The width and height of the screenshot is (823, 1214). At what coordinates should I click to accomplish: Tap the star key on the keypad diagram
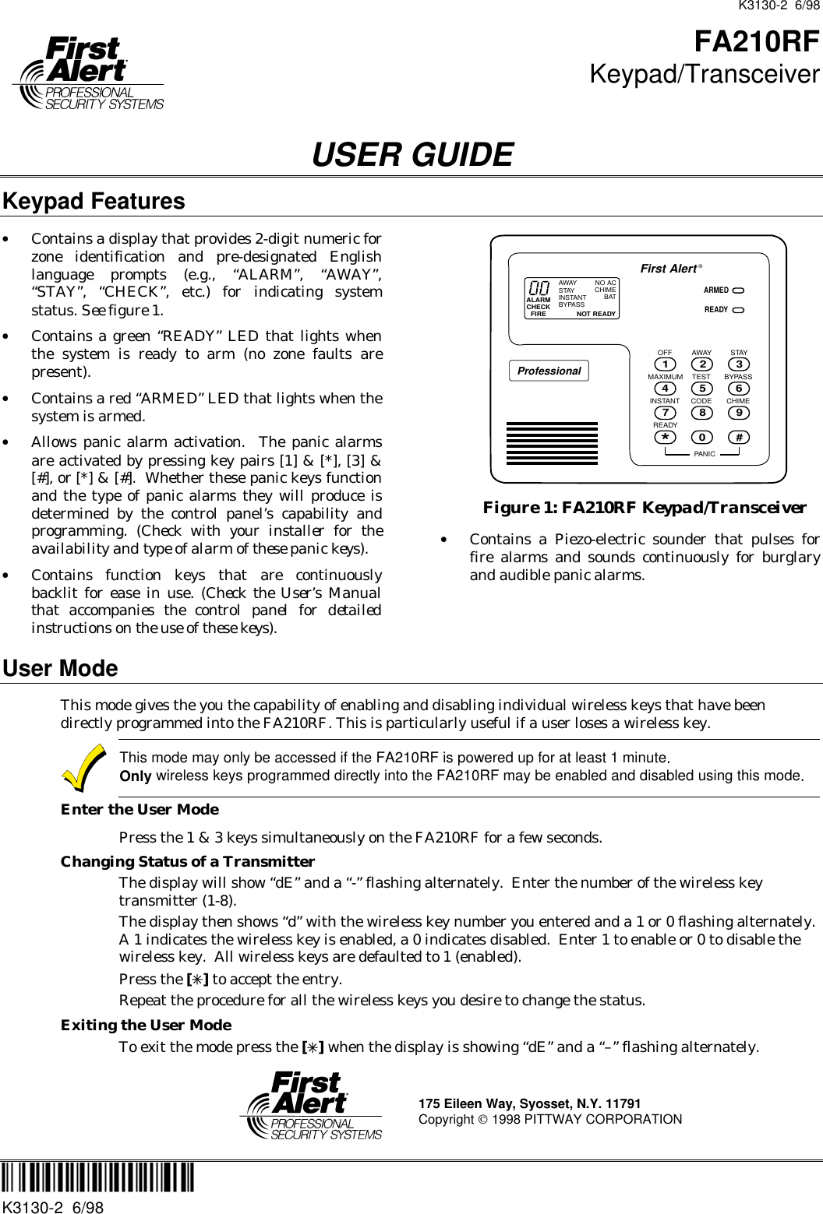pos(665,437)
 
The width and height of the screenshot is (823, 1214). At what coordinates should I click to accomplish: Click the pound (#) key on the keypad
pos(738,437)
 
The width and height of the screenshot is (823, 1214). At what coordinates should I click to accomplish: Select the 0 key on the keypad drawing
pos(701,437)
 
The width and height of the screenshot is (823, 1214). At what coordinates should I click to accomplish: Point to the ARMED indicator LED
pos(738,290)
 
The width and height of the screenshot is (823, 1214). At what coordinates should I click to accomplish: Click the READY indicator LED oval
pos(738,309)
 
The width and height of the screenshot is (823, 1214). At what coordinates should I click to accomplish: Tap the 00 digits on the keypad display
pos(539,288)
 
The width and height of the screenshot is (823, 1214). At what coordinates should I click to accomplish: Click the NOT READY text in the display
pos(596,314)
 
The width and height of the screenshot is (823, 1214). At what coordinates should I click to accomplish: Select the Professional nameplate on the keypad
pos(549,371)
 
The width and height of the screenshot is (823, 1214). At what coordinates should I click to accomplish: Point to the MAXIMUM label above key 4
pos(665,376)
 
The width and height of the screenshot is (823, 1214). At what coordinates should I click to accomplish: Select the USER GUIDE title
pos(411,154)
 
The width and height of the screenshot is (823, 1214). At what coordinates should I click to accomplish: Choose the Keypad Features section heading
pos(94,201)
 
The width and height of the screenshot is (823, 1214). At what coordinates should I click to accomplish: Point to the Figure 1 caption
pos(645,508)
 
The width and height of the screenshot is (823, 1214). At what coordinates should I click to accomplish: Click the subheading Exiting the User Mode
pos(146,1025)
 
